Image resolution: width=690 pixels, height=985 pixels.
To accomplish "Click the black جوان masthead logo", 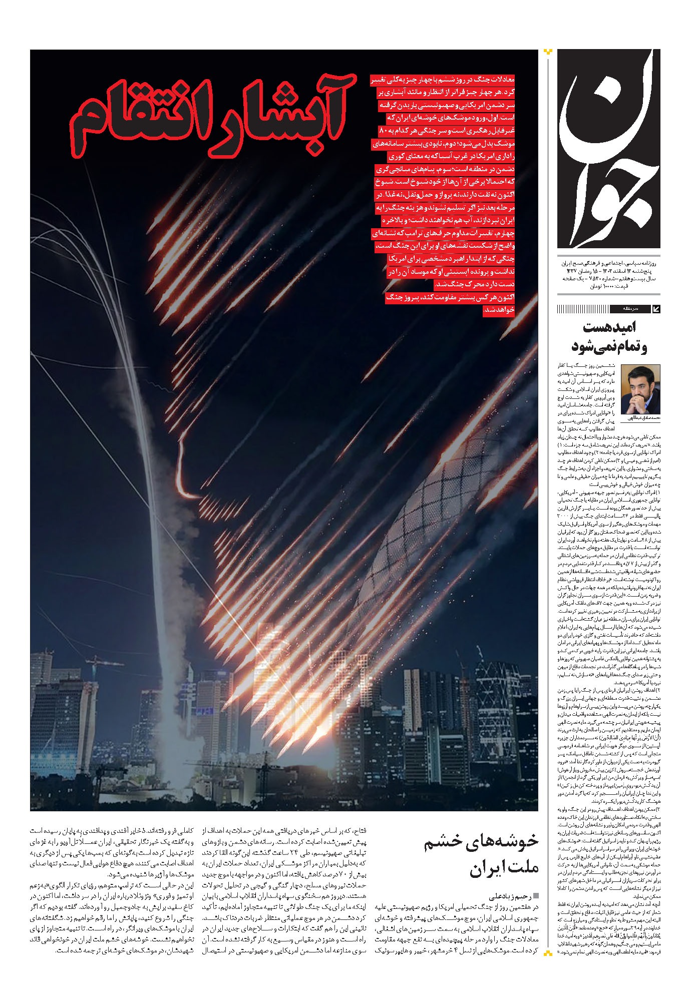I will [608, 150].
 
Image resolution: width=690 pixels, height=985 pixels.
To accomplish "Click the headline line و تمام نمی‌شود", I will [609, 347].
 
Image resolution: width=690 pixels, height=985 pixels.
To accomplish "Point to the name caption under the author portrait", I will [640, 418].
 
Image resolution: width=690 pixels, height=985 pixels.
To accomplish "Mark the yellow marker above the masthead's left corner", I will [548, 51].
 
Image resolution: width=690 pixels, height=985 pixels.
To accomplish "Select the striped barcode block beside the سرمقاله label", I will [583, 309].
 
